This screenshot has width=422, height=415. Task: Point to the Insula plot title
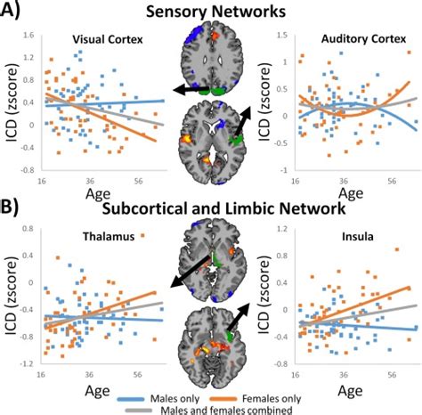[339, 239]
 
